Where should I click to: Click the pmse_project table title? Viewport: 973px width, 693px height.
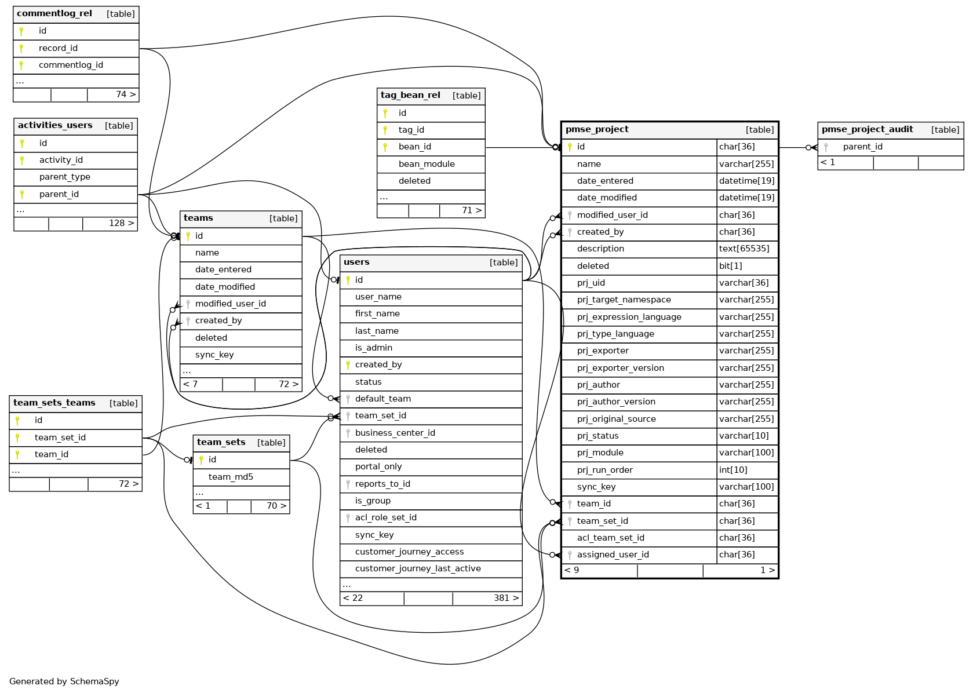597,129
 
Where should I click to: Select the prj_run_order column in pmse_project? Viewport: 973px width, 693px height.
604,470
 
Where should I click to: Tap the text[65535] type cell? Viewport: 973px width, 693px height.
744,249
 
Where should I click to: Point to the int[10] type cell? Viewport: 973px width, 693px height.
733,470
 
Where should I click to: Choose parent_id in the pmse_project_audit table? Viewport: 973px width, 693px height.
862,147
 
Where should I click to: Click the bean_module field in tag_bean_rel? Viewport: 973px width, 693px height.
427,164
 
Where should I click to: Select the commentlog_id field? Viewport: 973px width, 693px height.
71,65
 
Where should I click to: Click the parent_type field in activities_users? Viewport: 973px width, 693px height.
64,177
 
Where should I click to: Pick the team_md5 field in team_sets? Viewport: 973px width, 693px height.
231,477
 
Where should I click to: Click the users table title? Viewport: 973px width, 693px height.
356,262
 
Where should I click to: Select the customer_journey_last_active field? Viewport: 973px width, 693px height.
418,568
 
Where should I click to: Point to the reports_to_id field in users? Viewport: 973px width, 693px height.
382,484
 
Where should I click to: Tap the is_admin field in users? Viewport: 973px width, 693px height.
373,348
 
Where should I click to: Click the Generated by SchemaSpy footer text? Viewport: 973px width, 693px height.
64,681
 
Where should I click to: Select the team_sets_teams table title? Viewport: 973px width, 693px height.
54,403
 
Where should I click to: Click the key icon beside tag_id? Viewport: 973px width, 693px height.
385,130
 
